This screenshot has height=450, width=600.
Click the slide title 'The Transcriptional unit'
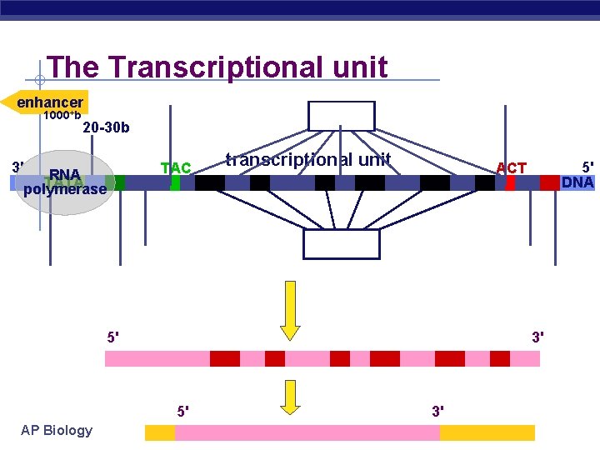[217, 67]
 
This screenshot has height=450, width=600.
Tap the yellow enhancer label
[47, 102]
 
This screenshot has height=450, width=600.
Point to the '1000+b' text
[62, 115]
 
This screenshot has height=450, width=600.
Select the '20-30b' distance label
[106, 127]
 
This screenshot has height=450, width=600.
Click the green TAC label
[176, 167]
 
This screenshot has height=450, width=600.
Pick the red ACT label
[511, 167]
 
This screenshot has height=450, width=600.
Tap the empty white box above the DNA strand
[342, 116]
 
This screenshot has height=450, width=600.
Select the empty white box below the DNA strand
[341, 244]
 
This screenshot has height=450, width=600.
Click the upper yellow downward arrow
[290, 310]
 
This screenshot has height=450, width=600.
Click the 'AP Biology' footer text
[57, 430]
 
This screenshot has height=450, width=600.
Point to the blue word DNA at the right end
[577, 182]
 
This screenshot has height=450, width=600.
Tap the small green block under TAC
[175, 182]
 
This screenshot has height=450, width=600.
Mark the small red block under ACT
[510, 182]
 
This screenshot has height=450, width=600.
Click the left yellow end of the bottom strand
[160, 432]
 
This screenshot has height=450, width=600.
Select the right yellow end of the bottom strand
[487, 432]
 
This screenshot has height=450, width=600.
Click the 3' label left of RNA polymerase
[17, 166]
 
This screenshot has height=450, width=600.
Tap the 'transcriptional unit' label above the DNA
[308, 159]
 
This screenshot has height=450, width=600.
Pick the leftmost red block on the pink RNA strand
[225, 358]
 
